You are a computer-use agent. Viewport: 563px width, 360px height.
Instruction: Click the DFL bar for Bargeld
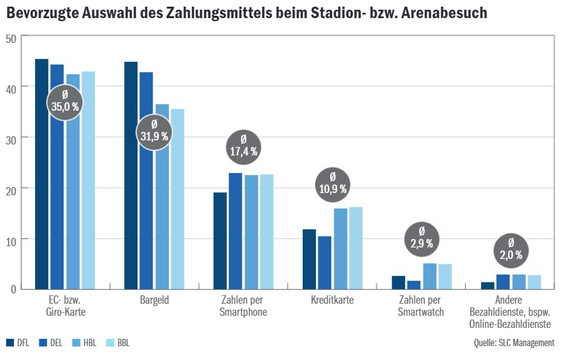[131, 175]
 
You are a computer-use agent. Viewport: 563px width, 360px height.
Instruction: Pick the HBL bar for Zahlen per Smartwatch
[430, 276]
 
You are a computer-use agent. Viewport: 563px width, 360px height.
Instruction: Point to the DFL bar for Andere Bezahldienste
[488, 286]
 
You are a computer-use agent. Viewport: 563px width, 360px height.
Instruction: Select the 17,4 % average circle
[243, 146]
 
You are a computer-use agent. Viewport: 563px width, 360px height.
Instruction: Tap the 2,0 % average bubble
[511, 250]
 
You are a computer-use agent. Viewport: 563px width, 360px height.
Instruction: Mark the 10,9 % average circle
[332, 183]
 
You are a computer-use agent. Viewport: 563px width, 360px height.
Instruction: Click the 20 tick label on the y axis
[11, 189]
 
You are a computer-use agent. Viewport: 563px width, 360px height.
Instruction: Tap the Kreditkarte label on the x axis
[332, 300]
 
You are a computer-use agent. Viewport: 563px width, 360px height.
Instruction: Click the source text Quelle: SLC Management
[514, 343]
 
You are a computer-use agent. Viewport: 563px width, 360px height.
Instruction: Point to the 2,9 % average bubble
[422, 238]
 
